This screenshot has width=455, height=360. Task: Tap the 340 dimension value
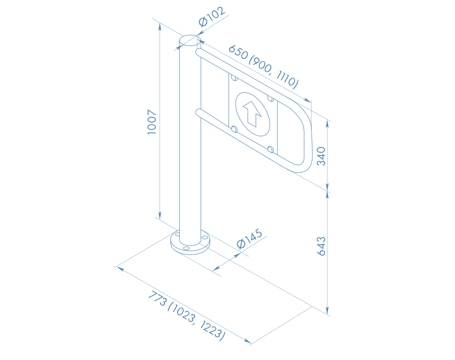pos(321,156)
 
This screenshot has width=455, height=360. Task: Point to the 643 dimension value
pos(321,246)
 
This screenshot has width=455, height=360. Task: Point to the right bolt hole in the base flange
pos(205,237)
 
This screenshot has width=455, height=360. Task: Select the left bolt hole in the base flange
pos(177,234)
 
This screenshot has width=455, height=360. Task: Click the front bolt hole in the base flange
pos(186,248)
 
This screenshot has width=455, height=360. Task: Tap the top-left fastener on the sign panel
pos(233,77)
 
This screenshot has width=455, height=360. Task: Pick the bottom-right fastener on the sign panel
pos(270,150)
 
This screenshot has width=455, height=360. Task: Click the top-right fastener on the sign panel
pos(270,98)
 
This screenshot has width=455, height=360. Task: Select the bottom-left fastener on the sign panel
pos(234,129)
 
